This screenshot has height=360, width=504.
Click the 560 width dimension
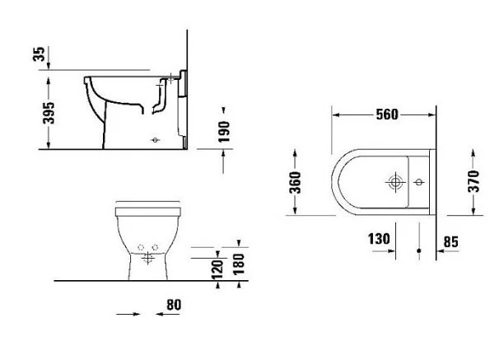pyautogui.click(x=387, y=115)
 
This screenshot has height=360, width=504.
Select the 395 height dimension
pyautogui.click(x=49, y=113)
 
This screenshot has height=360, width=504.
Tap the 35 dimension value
pyautogui.click(x=39, y=54)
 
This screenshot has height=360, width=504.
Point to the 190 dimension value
pyautogui.click(x=224, y=132)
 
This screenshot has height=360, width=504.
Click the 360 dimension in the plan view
pyautogui.click(x=295, y=183)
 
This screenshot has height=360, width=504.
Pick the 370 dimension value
pyautogui.click(x=474, y=181)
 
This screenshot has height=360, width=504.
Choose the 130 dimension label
pyautogui.click(x=379, y=239)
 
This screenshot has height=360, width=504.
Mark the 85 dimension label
pyautogui.click(x=450, y=242)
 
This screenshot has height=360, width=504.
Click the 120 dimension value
pyautogui.click(x=217, y=269)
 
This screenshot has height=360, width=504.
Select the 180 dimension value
pyautogui.click(x=239, y=264)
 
